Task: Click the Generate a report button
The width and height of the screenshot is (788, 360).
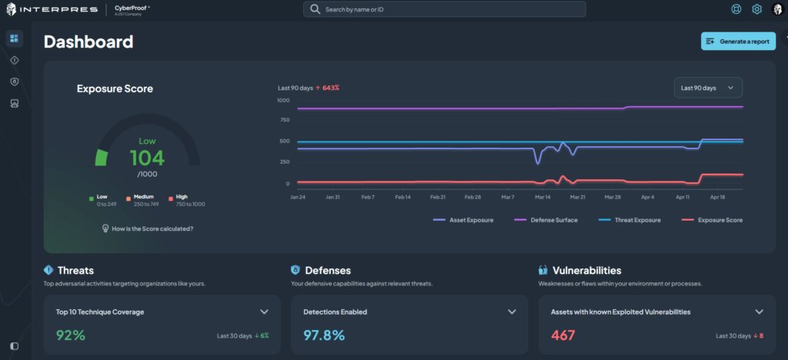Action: pyautogui.click(x=737, y=42)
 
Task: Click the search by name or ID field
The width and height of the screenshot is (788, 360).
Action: pyautogui.click(x=444, y=9)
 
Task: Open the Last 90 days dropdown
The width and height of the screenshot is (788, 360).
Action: pyautogui.click(x=708, y=88)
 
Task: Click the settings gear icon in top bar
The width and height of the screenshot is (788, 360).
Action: pyautogui.click(x=756, y=9)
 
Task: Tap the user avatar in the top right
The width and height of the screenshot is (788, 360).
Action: pyautogui.click(x=776, y=9)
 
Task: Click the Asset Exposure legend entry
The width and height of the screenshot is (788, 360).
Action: pyautogui.click(x=464, y=219)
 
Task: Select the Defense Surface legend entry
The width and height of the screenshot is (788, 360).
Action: pyautogui.click(x=549, y=219)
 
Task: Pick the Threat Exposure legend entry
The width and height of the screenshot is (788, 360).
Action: pyautogui.click(x=634, y=219)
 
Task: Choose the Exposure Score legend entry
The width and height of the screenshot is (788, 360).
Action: pyautogui.click(x=716, y=219)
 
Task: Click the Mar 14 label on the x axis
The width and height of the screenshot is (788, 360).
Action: pyautogui.click(x=543, y=197)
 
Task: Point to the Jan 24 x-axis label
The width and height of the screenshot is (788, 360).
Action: pyautogui.click(x=298, y=197)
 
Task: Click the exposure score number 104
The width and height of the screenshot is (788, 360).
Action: pyautogui.click(x=146, y=158)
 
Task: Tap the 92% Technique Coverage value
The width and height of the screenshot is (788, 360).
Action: pyautogui.click(x=70, y=335)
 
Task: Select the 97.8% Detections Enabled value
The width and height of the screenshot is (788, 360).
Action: pyautogui.click(x=323, y=335)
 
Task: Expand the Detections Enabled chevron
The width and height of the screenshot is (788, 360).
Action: pyautogui.click(x=512, y=312)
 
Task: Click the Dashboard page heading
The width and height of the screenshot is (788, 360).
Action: pyautogui.click(x=88, y=42)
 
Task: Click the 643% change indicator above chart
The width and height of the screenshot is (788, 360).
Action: pyautogui.click(x=330, y=88)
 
